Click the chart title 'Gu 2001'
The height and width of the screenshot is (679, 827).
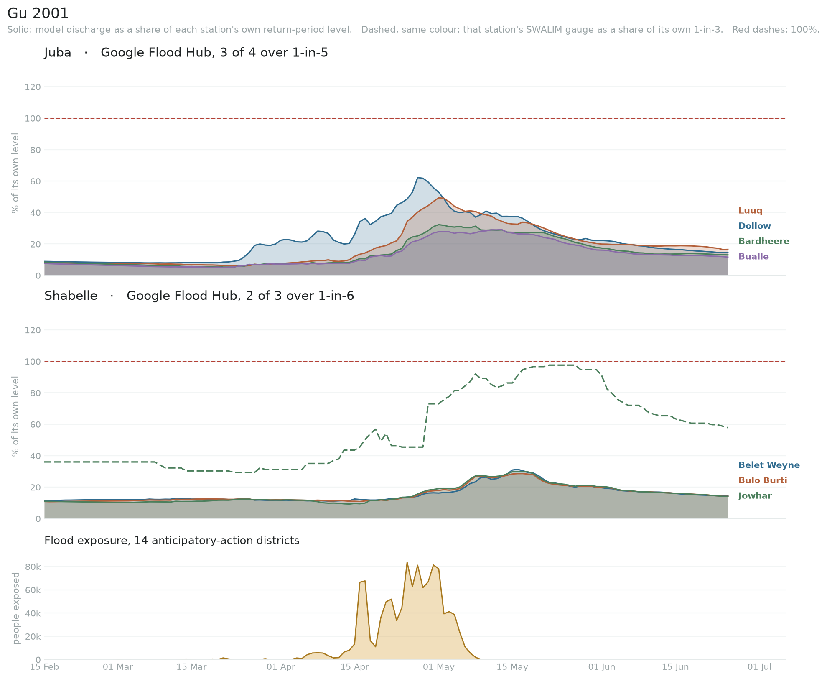tap(38, 13)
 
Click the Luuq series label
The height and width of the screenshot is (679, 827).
tap(750, 211)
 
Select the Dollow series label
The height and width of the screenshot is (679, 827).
tap(754, 226)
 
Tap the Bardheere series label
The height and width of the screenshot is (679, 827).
tap(763, 241)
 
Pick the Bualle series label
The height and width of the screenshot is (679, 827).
tap(753, 256)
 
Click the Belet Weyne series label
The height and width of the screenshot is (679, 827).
tap(769, 465)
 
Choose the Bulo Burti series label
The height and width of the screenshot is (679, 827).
tap(763, 480)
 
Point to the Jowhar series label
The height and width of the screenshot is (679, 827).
tap(755, 496)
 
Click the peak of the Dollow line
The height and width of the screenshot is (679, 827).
tap(417, 177)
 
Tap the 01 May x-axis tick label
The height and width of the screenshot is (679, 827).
tap(438, 667)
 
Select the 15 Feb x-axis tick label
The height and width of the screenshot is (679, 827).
tap(44, 667)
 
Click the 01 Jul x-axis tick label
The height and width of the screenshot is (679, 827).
tap(759, 667)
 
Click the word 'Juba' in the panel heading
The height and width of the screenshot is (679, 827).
tap(58, 53)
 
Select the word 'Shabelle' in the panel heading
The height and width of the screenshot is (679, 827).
tap(71, 296)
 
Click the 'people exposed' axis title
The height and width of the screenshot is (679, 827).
tap(16, 608)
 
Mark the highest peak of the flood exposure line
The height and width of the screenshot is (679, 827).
tap(407, 562)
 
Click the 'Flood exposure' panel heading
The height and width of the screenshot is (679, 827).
tap(172, 541)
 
